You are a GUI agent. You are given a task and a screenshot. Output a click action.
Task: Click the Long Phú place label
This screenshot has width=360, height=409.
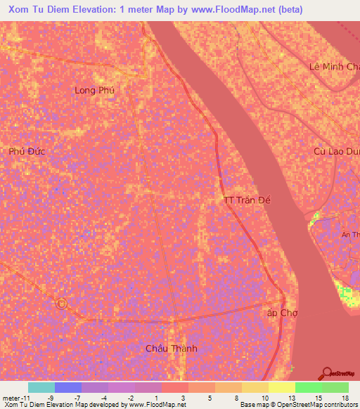point(94,90)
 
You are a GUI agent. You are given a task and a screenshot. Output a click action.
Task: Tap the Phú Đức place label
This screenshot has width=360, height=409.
point(27,151)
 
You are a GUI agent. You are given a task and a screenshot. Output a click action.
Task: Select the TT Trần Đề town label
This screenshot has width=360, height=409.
point(247,200)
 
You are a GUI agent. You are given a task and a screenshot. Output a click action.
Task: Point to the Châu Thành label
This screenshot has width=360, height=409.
point(171,349)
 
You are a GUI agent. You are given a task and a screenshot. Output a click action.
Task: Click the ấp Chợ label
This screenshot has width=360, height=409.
point(279,313)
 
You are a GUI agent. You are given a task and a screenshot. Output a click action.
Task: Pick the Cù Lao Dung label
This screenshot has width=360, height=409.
point(337,151)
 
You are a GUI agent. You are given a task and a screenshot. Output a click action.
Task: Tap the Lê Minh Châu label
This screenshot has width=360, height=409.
point(335,67)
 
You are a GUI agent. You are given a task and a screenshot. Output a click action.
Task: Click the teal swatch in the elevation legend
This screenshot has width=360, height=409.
point(41,387)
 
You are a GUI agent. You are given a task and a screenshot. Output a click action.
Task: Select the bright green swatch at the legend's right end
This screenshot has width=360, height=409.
point(335,387)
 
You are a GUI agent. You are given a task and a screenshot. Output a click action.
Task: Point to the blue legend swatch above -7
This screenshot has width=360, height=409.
point(68,387)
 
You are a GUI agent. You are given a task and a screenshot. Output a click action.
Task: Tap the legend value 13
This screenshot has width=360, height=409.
point(291,397)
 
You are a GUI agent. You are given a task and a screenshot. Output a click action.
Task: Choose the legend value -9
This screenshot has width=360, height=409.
point(50,397)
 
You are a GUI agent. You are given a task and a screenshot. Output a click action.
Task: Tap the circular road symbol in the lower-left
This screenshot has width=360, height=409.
point(61,304)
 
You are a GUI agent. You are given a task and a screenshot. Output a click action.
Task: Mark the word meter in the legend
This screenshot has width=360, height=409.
point(11,397)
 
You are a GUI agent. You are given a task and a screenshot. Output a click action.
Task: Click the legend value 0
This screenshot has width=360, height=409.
point(156,397)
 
